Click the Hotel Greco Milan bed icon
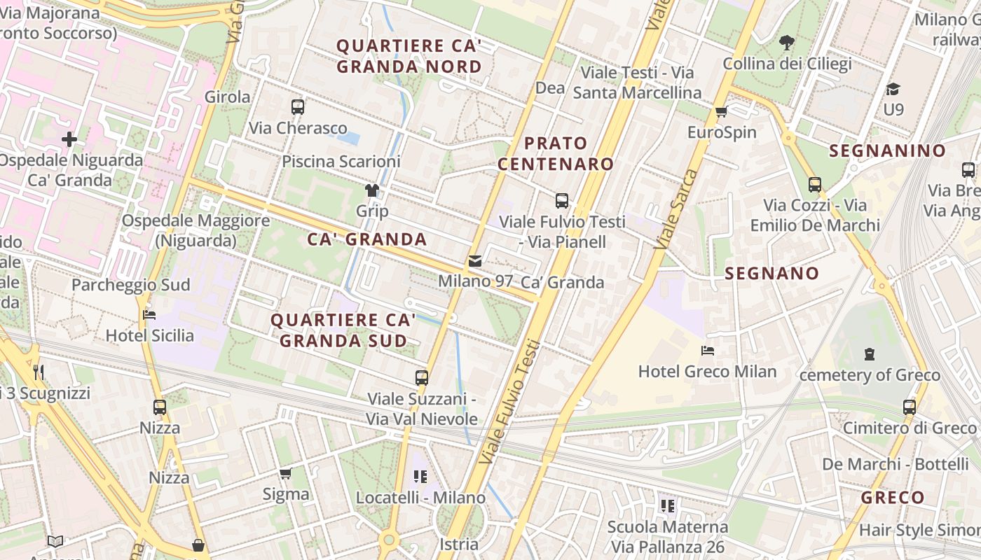point(707,350)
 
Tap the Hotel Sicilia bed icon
point(149,314)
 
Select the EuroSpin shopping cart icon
point(722,111)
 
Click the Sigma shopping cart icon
point(285,473)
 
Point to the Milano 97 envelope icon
point(475,261)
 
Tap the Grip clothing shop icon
point(372,190)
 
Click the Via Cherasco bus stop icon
point(298,107)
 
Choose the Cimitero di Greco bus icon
point(910,407)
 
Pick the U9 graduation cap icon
point(893,89)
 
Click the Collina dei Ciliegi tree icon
point(787,43)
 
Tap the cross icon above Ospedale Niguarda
point(69,139)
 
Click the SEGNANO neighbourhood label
point(772,274)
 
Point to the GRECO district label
point(893,498)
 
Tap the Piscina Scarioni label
point(341,162)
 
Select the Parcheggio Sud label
point(131,285)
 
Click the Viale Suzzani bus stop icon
point(422,378)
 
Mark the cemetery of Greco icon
point(870,354)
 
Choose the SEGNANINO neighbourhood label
point(888,150)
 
